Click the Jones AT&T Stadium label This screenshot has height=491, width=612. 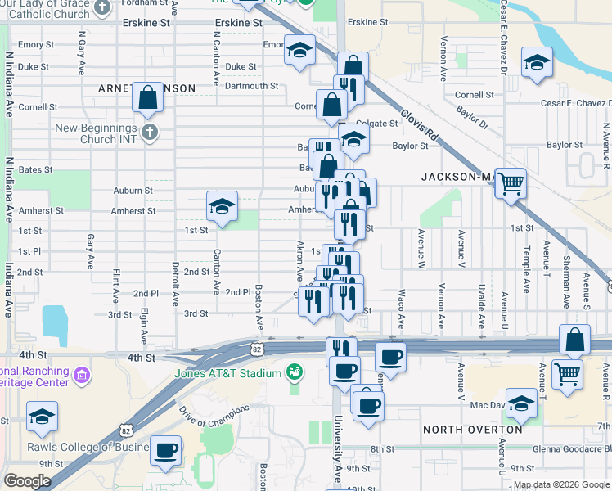pyautogui.click(x=228, y=374)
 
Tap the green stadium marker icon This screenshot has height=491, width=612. pyautogui.click(x=295, y=374)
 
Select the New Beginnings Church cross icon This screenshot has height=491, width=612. pyautogui.click(x=148, y=132)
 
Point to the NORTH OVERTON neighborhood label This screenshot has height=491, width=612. pyautogui.click(x=473, y=430)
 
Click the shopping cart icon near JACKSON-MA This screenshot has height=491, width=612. pyautogui.click(x=511, y=183)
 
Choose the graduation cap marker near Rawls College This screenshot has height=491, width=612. pyautogui.click(x=42, y=417)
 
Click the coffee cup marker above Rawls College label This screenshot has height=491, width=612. pyautogui.click(x=166, y=450)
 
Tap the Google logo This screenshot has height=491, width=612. pyautogui.click(x=27, y=481)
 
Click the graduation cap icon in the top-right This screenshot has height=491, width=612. pyautogui.click(x=537, y=63)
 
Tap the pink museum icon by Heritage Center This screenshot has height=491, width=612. pyautogui.click(x=81, y=376)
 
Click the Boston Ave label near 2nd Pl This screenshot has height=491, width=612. pyautogui.click(x=259, y=303)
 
